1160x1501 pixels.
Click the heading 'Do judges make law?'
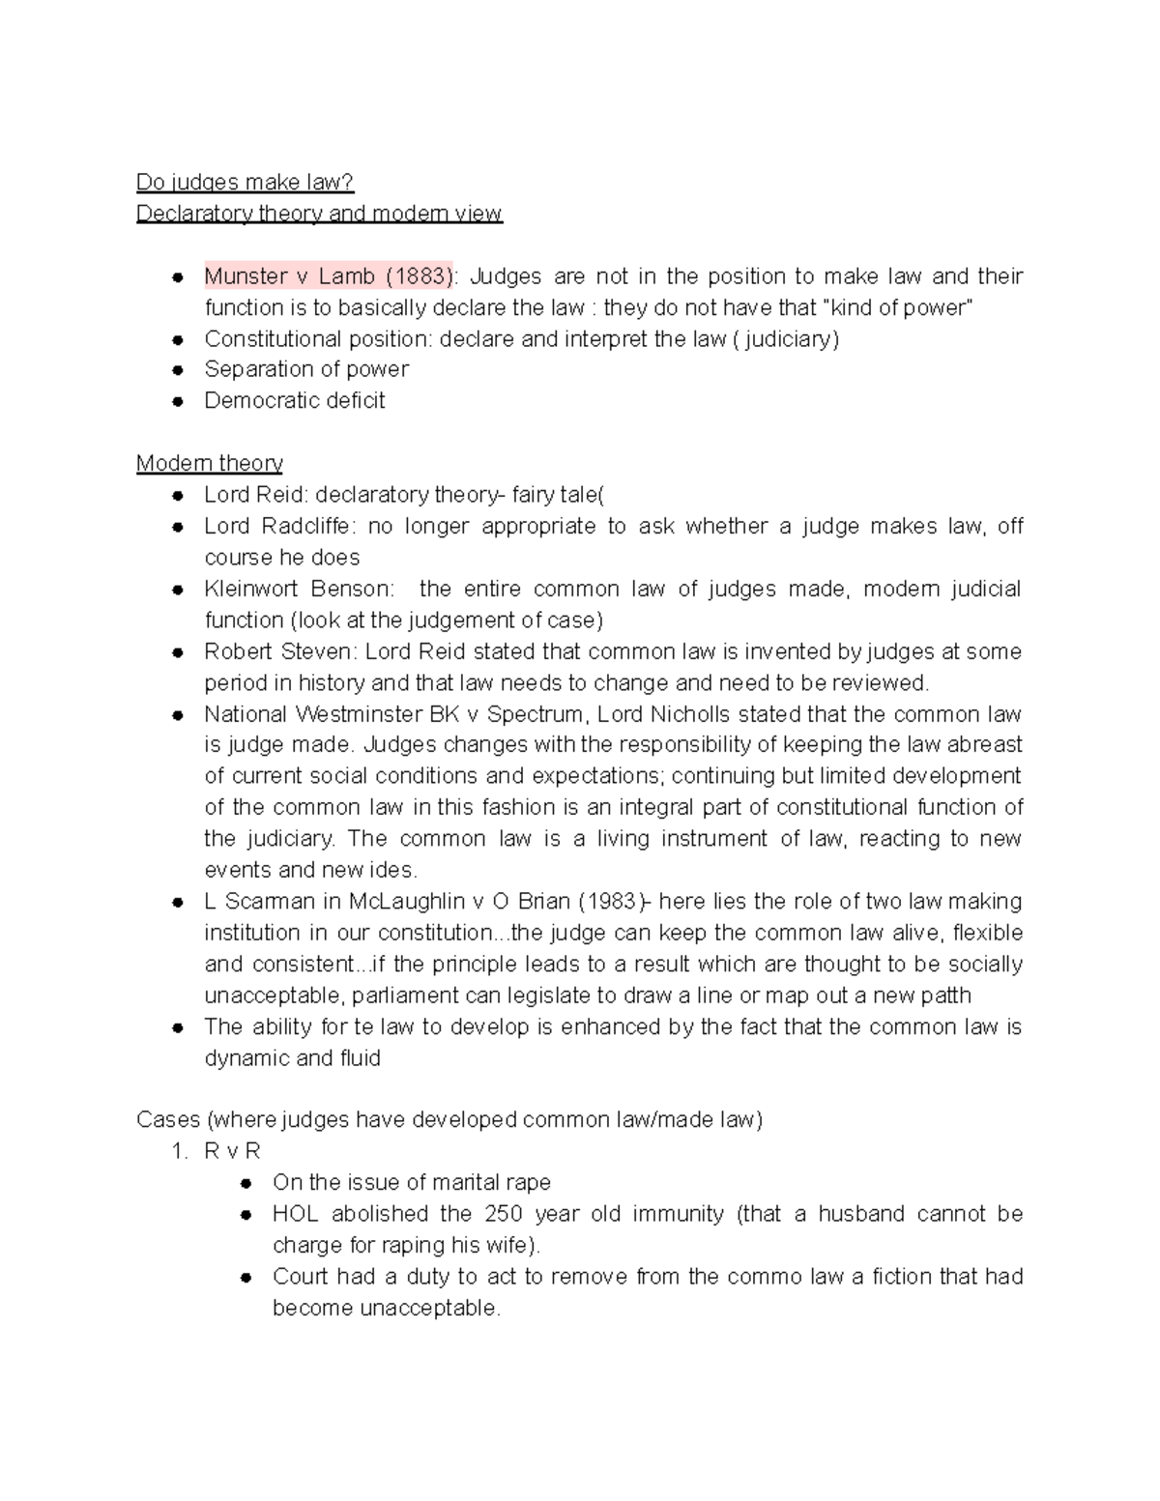pyautogui.click(x=245, y=182)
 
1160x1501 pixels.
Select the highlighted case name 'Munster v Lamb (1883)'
pyautogui.click(x=328, y=276)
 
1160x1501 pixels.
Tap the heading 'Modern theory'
pyautogui.click(x=209, y=463)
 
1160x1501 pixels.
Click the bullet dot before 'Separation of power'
pyautogui.click(x=178, y=370)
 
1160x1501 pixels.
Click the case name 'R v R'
pyautogui.click(x=232, y=1151)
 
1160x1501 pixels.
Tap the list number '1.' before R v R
pyautogui.click(x=178, y=1151)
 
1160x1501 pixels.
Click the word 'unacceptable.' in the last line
pyautogui.click(x=387, y=1309)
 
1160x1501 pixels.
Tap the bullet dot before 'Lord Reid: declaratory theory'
pyautogui.click(x=178, y=496)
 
